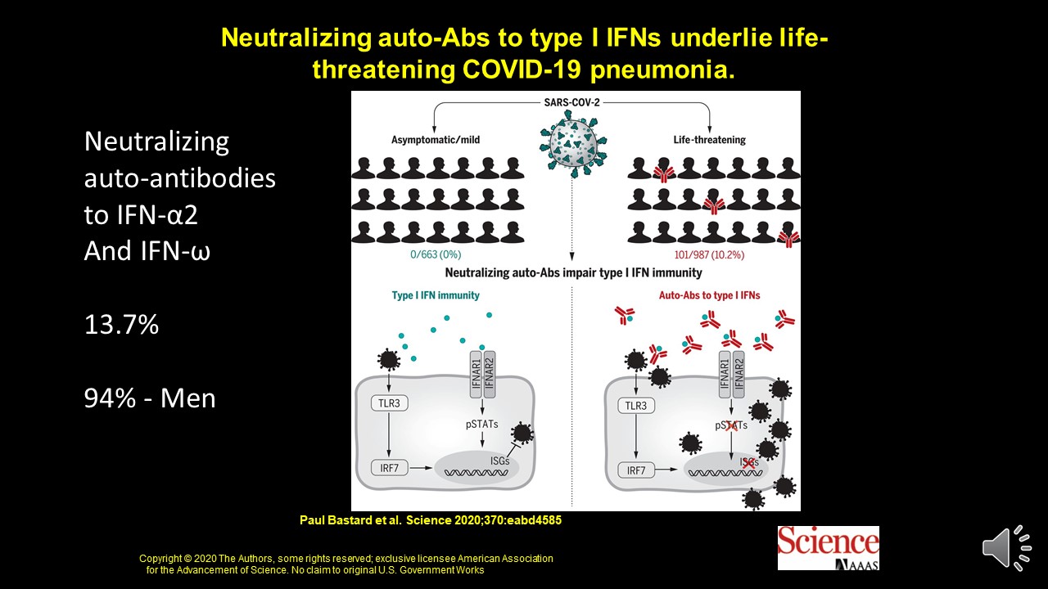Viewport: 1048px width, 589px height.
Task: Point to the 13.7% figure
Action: coord(121,325)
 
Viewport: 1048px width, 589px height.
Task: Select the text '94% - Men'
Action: coord(150,398)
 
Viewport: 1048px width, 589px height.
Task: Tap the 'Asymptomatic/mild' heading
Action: coord(435,140)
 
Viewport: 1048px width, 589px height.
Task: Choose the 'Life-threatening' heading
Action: coord(709,140)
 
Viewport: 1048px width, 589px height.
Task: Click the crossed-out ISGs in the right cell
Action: coord(748,462)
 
